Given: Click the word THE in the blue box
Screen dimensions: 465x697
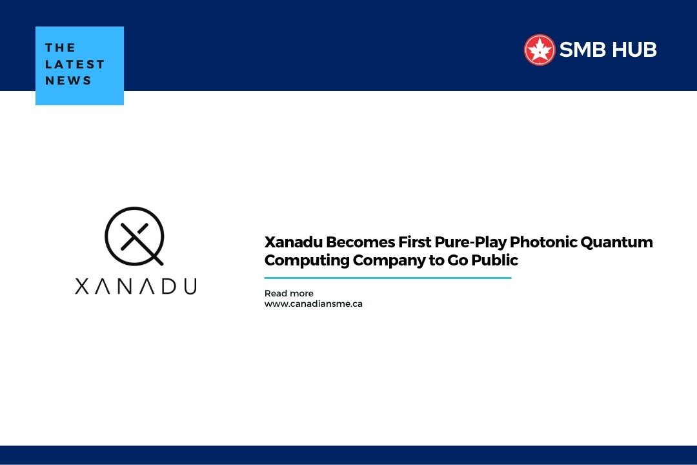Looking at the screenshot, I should click(60, 48).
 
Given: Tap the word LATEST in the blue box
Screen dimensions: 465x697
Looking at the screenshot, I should click(75, 64).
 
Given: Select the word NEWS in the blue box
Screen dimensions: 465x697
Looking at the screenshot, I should click(68, 81).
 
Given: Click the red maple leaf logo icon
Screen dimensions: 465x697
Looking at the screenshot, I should click(540, 50).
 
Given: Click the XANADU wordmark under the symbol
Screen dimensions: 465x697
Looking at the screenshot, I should click(136, 286).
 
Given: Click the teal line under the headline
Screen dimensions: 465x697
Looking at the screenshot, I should click(387, 278).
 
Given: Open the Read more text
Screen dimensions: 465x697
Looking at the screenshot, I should click(288, 293).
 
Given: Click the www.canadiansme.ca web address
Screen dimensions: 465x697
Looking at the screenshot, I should click(313, 304).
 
